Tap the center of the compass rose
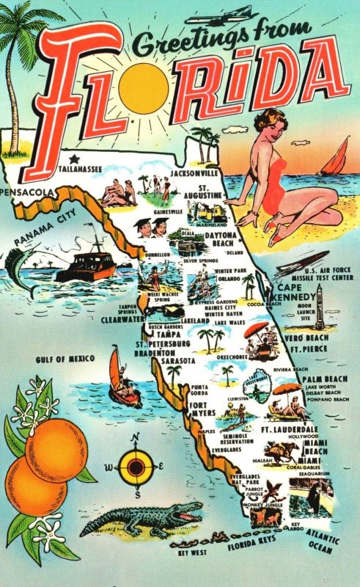134,466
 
